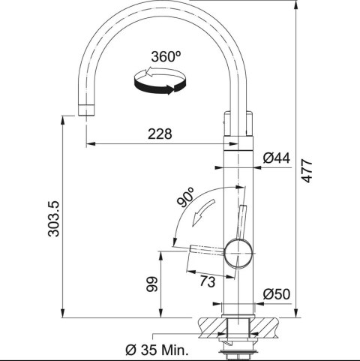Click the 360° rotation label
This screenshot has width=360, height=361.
(x=166, y=56)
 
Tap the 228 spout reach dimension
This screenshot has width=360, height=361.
(x=160, y=134)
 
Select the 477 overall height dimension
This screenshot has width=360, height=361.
(x=307, y=170)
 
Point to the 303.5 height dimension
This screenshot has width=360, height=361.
(x=53, y=218)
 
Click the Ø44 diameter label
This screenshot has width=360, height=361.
(x=277, y=158)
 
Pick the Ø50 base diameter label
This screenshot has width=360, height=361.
(x=277, y=294)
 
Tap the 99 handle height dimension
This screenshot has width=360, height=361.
(x=152, y=284)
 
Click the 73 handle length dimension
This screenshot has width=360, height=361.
(x=207, y=281)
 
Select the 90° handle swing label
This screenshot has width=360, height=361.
(x=185, y=197)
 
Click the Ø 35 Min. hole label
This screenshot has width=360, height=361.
(x=157, y=350)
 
